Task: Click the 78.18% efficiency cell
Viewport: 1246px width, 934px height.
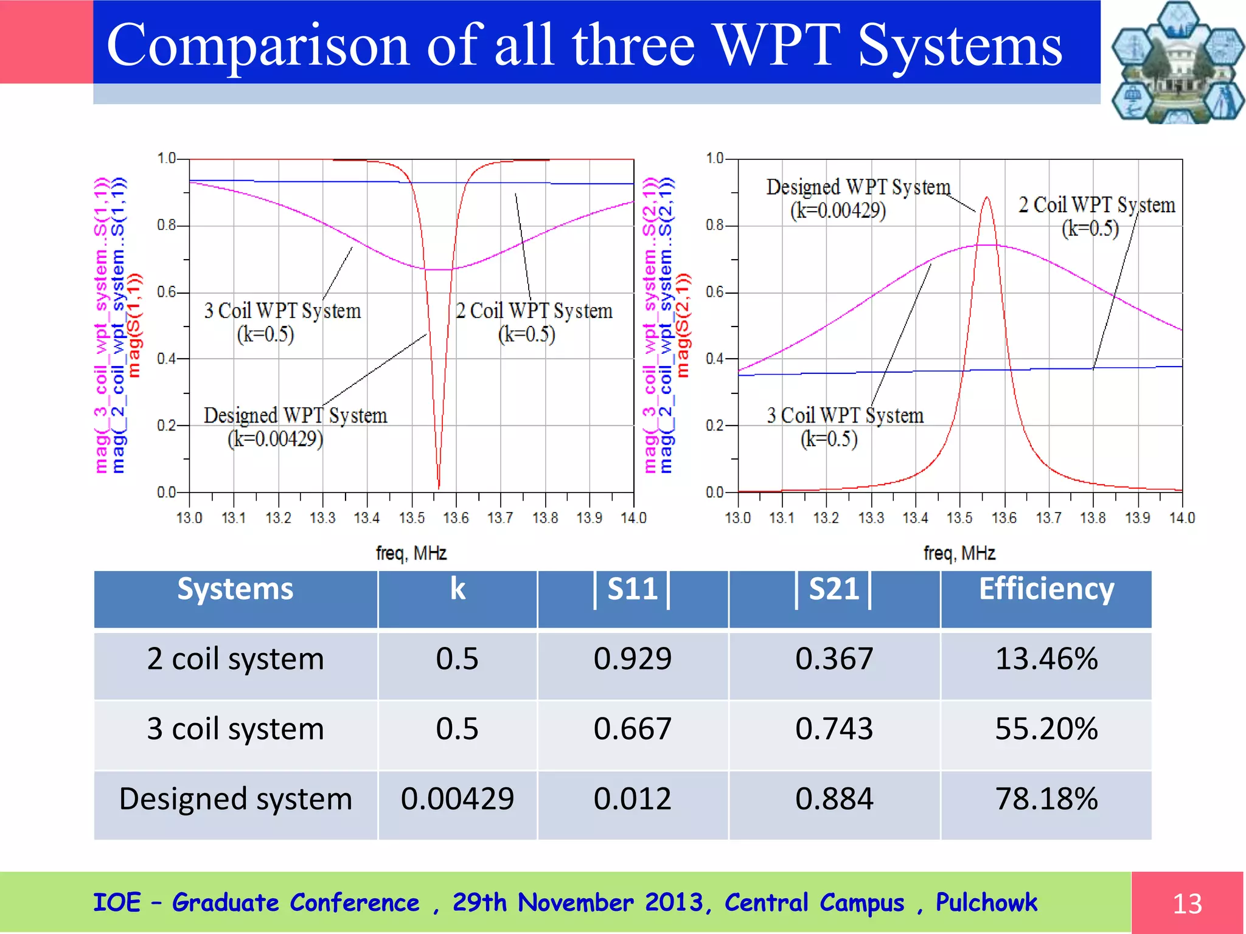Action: [1046, 798]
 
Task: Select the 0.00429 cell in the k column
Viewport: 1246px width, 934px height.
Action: [457, 798]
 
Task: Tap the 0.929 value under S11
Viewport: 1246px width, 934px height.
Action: [632, 659]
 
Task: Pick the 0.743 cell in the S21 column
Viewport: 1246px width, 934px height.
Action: [834, 728]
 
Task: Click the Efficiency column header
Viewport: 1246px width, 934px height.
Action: [1046, 589]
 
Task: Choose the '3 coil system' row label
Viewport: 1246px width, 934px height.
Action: [235, 728]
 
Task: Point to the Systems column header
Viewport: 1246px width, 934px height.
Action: [235, 589]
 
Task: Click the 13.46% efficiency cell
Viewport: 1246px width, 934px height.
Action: [1046, 659]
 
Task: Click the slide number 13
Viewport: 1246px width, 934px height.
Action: [1187, 904]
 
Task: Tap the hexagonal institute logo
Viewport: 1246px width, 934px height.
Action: [1177, 62]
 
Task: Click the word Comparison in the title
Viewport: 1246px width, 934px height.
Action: [258, 45]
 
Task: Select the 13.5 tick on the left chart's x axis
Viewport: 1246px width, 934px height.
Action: [412, 518]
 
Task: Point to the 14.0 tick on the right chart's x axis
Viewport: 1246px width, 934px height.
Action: [1182, 518]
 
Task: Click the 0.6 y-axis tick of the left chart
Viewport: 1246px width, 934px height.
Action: [167, 292]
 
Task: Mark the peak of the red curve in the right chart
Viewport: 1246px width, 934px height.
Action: [986, 198]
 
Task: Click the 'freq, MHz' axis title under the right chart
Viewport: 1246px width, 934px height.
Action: [959, 553]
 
